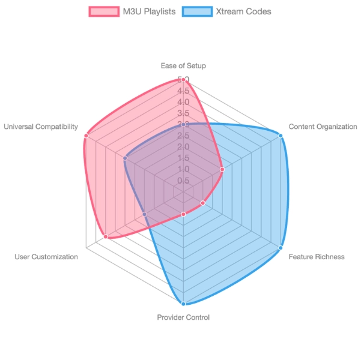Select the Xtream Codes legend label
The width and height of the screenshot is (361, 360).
pyautogui.click(x=245, y=11)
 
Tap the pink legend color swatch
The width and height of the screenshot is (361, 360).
pyautogui.click(x=103, y=11)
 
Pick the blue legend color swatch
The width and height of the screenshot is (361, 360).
pyautogui.click(x=199, y=11)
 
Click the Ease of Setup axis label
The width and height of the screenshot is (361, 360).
pyautogui.click(x=183, y=65)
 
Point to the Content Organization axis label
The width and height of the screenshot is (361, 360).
pyautogui.click(x=323, y=127)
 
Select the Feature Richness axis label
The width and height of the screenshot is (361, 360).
pyautogui.click(x=317, y=257)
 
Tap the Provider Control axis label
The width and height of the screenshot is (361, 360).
pyautogui.click(x=183, y=317)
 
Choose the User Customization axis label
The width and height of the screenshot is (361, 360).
pyautogui.click(x=46, y=257)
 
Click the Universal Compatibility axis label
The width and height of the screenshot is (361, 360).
pyautogui.click(x=41, y=127)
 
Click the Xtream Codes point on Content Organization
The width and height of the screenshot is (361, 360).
pyautogui.click(x=281, y=136)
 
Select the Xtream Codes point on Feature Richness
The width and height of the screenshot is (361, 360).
pyautogui.click(x=281, y=247)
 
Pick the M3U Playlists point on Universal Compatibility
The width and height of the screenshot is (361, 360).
pyautogui.click(x=86, y=136)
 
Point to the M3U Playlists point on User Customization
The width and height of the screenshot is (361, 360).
pyautogui.click(x=106, y=236)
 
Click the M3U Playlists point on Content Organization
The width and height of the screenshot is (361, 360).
pyautogui.click(x=222, y=169)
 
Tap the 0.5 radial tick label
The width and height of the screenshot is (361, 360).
pyautogui.click(x=183, y=181)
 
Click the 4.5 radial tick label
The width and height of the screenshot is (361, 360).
pyautogui.click(x=183, y=91)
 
